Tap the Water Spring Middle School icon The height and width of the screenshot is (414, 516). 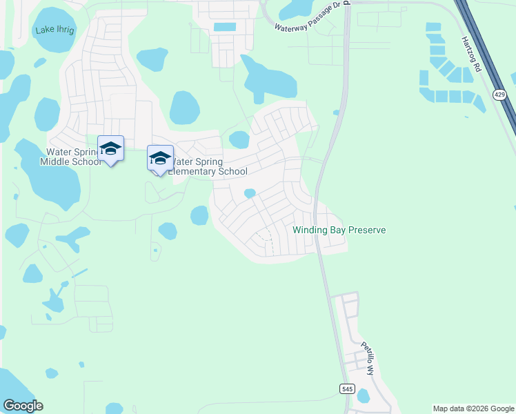coord(110,148)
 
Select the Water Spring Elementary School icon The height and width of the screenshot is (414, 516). coord(159,158)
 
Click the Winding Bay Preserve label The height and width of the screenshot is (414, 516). coord(339,230)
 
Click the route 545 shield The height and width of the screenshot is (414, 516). coord(346,389)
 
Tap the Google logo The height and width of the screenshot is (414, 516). coord(23,406)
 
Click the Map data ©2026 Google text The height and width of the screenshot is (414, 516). coord(473,408)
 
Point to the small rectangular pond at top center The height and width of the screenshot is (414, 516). coord(224,28)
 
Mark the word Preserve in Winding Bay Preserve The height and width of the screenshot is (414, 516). coord(366,230)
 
